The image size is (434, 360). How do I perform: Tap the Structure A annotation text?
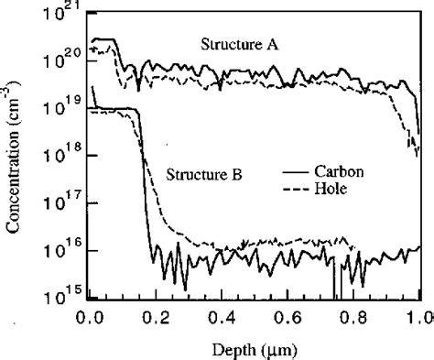[238, 42]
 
